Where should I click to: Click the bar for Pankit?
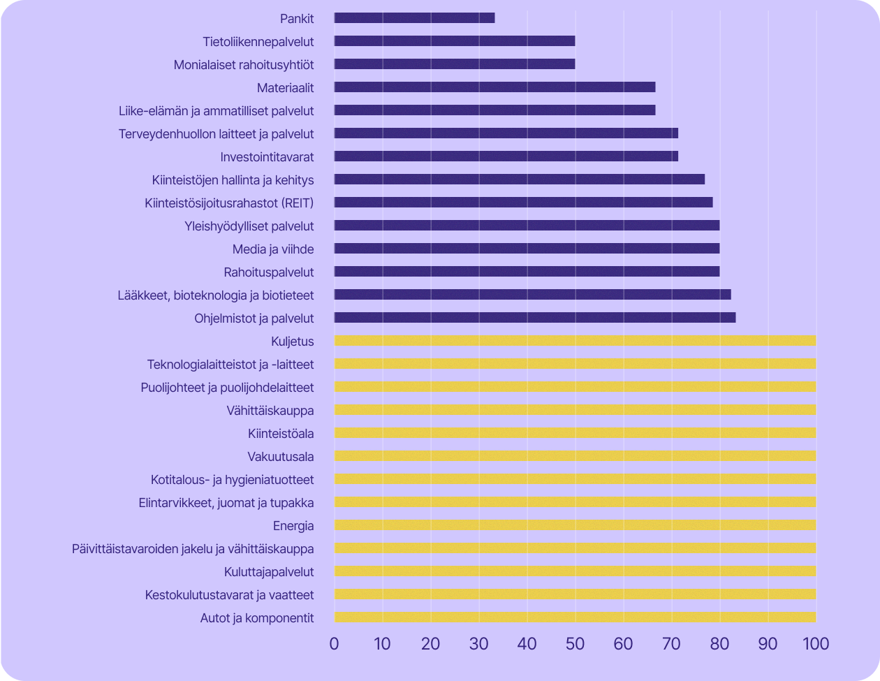tap(414, 18)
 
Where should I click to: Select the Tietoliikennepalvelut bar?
tap(454, 41)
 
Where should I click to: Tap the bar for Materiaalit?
tap(494, 87)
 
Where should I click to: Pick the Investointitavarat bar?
tap(506, 156)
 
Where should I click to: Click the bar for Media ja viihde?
tap(527, 249)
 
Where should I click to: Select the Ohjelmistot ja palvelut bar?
tap(534, 318)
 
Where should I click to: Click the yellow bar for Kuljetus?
tap(575, 341)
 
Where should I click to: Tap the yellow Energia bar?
tap(575, 525)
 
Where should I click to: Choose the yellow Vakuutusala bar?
tap(575, 456)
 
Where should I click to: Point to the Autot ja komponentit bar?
tap(575, 617)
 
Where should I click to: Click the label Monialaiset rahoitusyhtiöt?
tap(244, 65)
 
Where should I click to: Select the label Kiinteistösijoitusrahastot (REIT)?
tap(229, 203)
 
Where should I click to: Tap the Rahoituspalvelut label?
tap(269, 272)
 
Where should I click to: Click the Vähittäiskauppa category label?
tap(270, 411)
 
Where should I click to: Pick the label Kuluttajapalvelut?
tap(269, 572)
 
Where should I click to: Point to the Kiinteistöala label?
tap(280, 434)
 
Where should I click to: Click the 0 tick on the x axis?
tap(335, 643)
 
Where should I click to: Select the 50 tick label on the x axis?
tap(575, 643)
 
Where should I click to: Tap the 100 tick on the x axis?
tap(815, 643)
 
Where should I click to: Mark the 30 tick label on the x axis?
tap(478, 643)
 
